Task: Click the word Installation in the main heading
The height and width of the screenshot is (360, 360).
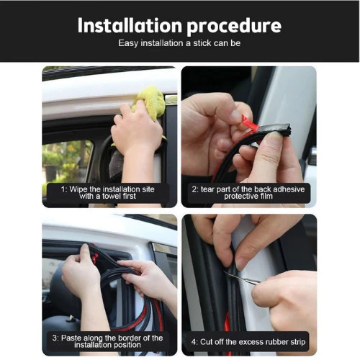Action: click(130, 25)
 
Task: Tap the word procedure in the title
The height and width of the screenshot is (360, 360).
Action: click(234, 27)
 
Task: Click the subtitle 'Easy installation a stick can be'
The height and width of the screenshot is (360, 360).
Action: click(179, 43)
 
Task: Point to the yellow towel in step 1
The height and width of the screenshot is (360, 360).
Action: click(150, 101)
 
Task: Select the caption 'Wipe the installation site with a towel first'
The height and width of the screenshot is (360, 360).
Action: click(108, 192)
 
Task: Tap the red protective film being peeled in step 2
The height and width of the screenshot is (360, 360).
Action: click(250, 124)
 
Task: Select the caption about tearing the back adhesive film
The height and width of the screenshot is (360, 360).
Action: click(248, 192)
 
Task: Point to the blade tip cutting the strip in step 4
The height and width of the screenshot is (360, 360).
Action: click(225, 271)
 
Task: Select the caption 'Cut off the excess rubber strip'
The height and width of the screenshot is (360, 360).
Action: click(248, 342)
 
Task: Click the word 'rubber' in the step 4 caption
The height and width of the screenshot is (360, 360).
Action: click(276, 342)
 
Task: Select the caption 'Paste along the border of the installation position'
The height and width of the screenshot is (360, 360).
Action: click(107, 341)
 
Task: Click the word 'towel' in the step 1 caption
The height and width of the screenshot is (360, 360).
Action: click(112, 196)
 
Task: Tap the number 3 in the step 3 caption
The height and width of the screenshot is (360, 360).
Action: click(55, 338)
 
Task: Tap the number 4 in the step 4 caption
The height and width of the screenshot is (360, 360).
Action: click(194, 342)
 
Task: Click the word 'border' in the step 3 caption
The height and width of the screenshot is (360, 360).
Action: click(130, 338)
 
